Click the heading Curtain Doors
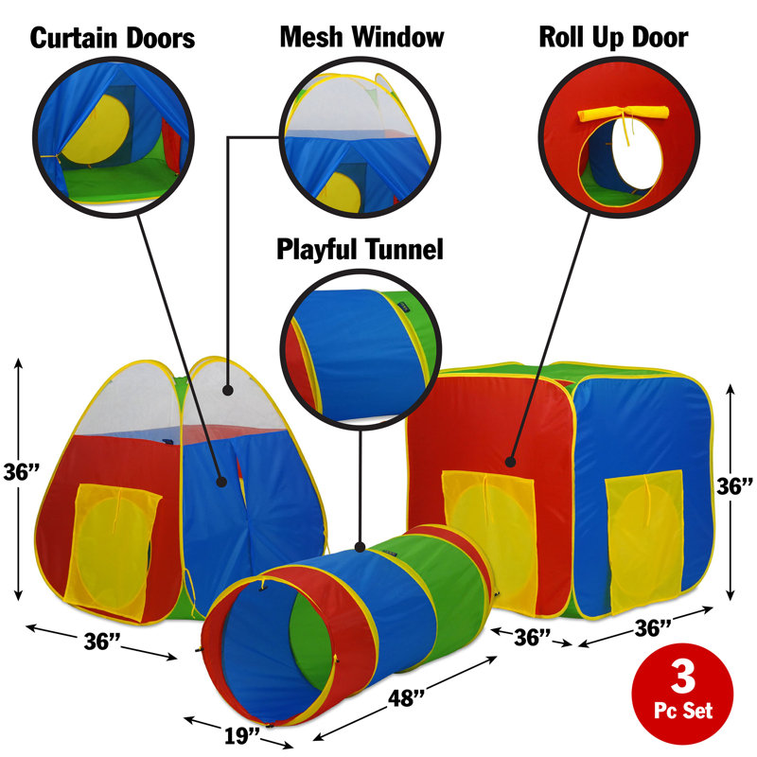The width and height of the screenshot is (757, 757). (113, 38)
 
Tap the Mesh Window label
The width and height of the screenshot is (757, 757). (361, 37)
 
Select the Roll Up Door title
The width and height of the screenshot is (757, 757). (613, 37)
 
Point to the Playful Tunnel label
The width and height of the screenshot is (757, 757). (360, 249)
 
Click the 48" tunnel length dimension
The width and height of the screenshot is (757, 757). (406, 698)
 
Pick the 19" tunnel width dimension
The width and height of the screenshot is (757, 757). (242, 736)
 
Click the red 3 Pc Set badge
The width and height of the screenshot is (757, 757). (682, 694)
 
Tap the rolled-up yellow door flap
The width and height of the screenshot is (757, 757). (624, 114)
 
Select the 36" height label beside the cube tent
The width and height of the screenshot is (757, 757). (734, 486)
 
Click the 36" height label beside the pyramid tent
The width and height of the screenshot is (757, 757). (21, 472)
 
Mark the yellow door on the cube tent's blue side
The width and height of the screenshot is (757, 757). (644, 540)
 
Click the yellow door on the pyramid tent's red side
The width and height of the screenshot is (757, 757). (114, 551)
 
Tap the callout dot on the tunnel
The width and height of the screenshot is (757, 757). (360, 547)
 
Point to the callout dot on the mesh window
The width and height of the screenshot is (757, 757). (228, 390)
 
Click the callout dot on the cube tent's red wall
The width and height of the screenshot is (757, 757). (510, 462)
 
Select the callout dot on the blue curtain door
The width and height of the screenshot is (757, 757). (221, 482)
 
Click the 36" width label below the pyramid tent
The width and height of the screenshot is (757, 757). (102, 642)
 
